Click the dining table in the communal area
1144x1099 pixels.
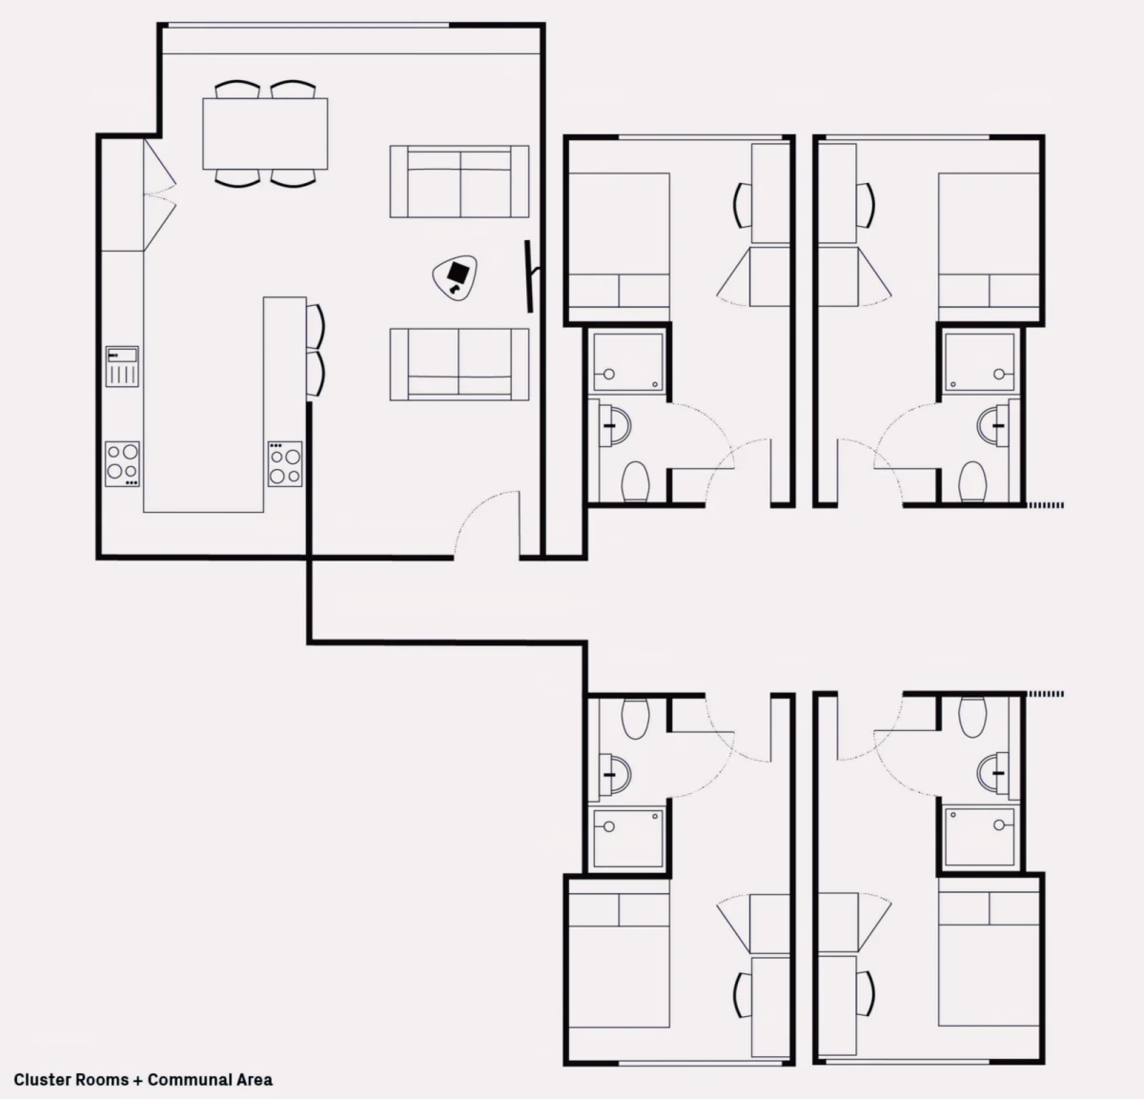tap(265, 134)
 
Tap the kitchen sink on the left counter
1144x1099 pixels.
tap(122, 366)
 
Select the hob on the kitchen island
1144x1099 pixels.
tap(285, 463)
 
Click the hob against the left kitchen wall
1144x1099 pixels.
tap(122, 463)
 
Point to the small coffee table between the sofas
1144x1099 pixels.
tap(455, 278)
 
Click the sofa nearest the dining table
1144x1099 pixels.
tap(460, 182)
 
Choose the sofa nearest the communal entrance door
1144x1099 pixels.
tap(460, 364)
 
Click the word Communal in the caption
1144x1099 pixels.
tap(181, 1080)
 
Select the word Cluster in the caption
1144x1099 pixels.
tap(42, 1080)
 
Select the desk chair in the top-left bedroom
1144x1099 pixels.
tap(742, 205)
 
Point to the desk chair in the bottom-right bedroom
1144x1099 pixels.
tap(866, 994)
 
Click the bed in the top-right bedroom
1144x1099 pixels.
tap(989, 239)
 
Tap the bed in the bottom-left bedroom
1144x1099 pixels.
tap(620, 960)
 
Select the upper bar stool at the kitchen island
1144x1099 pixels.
tap(316, 327)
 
